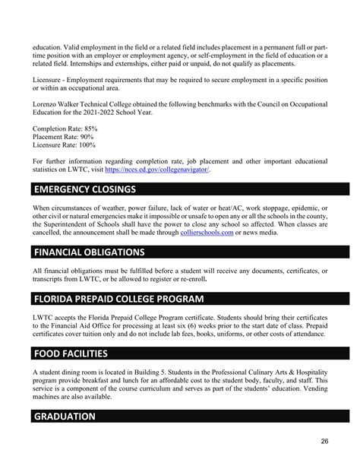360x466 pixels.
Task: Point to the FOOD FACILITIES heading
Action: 76,353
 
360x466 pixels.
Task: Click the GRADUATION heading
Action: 65,416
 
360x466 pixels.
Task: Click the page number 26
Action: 324,441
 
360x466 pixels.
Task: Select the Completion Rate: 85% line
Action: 65,129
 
